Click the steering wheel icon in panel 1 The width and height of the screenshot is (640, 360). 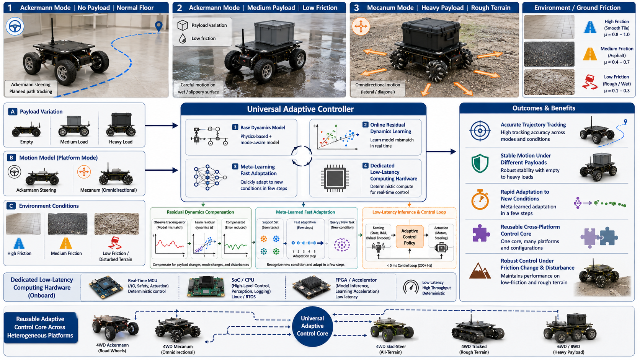[15, 26]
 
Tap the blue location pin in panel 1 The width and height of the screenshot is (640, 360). [158, 26]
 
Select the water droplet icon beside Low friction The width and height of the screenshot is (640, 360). [183, 39]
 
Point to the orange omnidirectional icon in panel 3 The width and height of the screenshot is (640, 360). [361, 26]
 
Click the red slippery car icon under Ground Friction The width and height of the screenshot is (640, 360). [589, 82]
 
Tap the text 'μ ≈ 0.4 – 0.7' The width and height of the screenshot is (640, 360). [617, 62]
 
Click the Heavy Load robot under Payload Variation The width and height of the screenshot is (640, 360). [121, 125]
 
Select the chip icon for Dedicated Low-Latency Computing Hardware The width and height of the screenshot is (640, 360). [335, 178]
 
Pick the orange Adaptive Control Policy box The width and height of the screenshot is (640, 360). [410, 237]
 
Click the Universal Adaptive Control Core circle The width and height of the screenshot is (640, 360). [312, 326]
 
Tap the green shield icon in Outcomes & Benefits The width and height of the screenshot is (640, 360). [480, 164]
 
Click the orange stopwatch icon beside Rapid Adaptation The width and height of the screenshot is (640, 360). [480, 200]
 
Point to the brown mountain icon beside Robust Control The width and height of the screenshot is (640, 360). [480, 271]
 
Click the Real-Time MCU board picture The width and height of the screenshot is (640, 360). [106, 287]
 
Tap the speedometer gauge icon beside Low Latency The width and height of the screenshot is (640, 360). [411, 287]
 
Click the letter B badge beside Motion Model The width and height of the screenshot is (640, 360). [11, 158]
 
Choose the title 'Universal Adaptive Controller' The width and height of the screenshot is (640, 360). [300, 109]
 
